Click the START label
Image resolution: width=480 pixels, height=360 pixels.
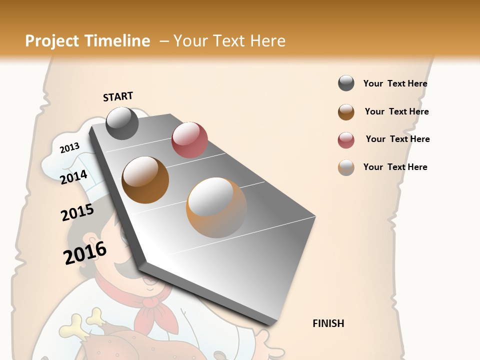pos(118,96)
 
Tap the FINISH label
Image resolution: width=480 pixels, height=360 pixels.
pos(328,323)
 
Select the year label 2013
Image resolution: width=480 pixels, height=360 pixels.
pos(69,148)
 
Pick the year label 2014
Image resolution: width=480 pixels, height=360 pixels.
pos(73,177)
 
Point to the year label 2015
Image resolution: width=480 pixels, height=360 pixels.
pos(77,213)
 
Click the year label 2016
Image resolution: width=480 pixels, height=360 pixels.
pos(85,253)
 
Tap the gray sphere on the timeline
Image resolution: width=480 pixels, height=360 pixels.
pos(122,123)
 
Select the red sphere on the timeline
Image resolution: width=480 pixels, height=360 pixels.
pos(189,139)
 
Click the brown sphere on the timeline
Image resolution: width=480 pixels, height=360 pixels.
pos(145,180)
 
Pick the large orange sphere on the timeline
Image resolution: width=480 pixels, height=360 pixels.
pos(216,207)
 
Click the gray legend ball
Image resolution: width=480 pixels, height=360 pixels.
pos(346,83)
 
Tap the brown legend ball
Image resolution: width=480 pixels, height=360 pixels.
pos(346,112)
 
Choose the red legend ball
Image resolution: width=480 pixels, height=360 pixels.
pos(346,140)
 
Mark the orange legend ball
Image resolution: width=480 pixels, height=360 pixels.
pos(346,167)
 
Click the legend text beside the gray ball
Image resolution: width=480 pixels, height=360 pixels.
pos(395,83)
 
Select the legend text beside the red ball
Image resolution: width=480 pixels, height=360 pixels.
pos(397,139)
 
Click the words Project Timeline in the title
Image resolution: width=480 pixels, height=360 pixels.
pos(87,41)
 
